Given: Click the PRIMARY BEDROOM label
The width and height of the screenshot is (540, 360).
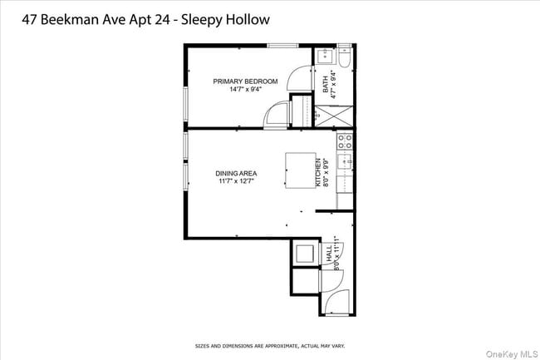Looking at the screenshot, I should pos(244,81).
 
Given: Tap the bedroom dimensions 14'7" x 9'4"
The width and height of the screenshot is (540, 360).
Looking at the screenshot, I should pos(244,89).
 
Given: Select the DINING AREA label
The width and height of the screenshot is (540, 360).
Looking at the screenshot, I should pos(235,174).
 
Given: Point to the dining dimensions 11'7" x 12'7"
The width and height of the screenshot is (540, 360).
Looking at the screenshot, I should pos(235,181).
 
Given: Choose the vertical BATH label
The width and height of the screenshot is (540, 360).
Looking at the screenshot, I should pos(326,83).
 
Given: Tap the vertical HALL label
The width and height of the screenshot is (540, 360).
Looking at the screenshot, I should pos(329,256).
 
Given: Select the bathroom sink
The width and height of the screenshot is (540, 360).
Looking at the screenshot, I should pos(324,57).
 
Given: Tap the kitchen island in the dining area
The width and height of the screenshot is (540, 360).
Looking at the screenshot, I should pos(303,170).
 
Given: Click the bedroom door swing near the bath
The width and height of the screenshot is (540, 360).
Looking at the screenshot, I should pos(298,80).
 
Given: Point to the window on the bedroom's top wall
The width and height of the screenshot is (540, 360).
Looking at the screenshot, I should pos(282,45).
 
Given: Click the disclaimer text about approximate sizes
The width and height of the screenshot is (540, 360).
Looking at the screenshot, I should pos(270,345).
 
